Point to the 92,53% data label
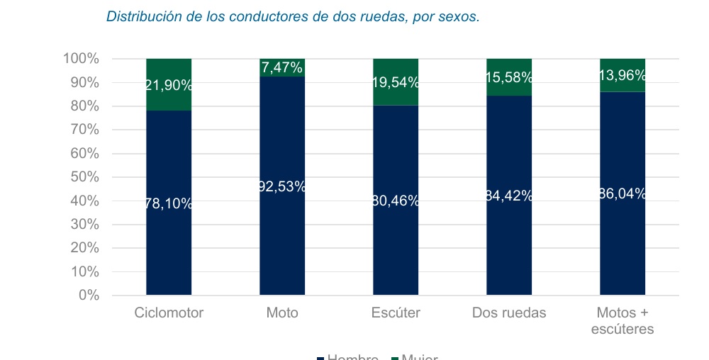(282, 186)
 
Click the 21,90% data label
(169, 85)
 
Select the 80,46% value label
(396, 201)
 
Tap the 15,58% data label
(509, 78)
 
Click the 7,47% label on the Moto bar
(282, 68)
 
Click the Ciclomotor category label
(169, 313)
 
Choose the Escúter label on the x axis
(396, 313)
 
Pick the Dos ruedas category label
(509, 313)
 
